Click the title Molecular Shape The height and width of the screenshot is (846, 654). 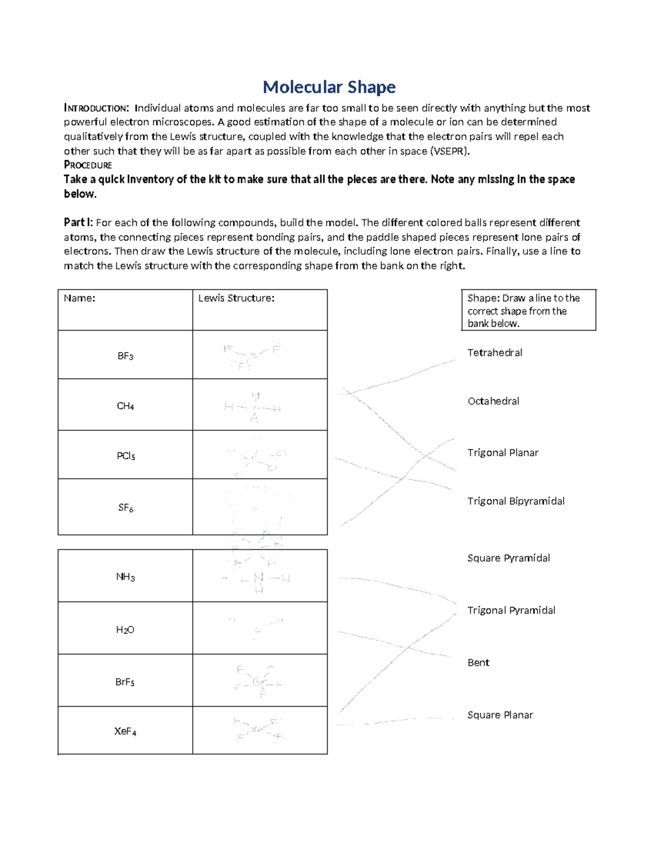[x=329, y=87]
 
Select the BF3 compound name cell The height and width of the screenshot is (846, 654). [x=125, y=356]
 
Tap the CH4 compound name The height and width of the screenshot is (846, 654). [x=125, y=406]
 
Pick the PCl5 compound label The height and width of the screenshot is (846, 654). [x=125, y=456]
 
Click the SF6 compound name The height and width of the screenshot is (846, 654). [x=125, y=508]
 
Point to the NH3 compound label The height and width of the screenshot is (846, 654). [x=125, y=577]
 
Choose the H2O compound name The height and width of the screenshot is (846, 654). [x=125, y=630]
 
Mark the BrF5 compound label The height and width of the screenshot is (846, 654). [x=125, y=682]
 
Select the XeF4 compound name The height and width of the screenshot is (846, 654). [x=125, y=732]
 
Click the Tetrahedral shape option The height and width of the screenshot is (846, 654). [x=495, y=353]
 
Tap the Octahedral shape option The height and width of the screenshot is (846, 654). [x=493, y=401]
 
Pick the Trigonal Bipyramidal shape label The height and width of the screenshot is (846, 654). [x=516, y=501]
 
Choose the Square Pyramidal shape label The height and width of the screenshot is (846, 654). [x=508, y=558]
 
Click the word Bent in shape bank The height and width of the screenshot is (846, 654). [x=479, y=663]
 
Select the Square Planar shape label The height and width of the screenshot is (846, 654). [x=500, y=715]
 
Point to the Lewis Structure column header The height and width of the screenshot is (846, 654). [x=236, y=299]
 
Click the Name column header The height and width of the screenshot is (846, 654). [x=80, y=299]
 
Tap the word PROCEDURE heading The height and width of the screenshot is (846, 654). [x=88, y=165]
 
